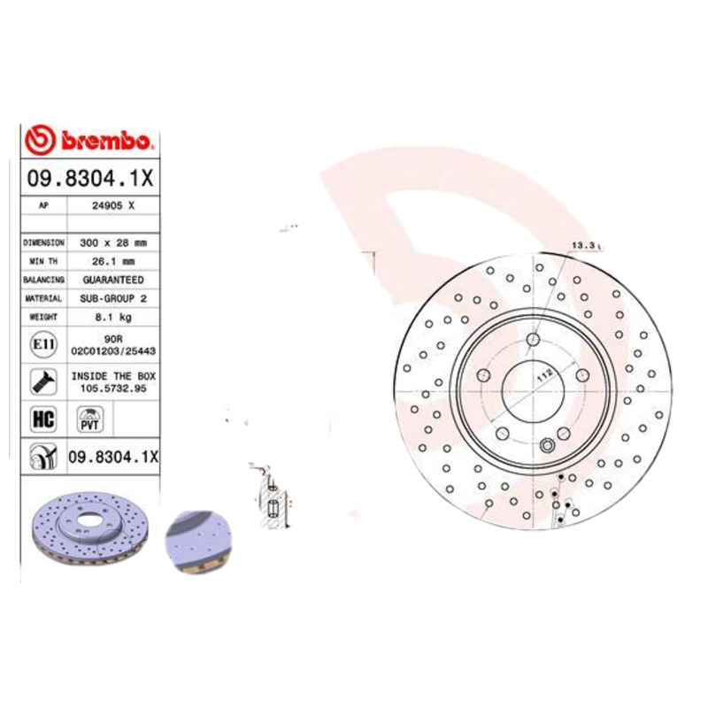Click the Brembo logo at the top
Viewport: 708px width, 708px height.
[90, 140]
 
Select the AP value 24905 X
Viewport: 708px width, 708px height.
[113, 205]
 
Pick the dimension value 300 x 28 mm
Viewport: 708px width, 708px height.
[114, 242]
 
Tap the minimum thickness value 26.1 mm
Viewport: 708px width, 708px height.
[114, 261]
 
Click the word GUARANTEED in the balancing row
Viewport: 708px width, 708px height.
[112, 280]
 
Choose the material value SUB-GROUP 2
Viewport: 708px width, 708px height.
[113, 298]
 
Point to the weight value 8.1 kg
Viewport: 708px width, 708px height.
[113, 317]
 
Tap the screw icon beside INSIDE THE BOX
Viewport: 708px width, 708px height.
[42, 382]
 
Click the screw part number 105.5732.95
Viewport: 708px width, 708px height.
[113, 388]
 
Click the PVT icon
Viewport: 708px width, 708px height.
[90, 419]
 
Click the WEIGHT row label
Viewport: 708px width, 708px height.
[43, 317]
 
